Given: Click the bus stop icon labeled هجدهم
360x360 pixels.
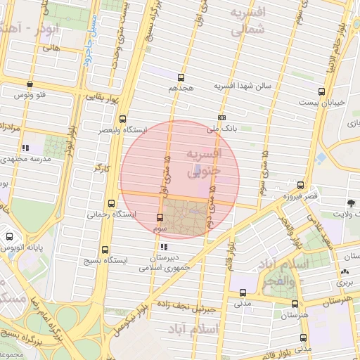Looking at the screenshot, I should coord(181,77).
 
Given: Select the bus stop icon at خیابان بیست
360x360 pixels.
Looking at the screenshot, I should coord(321,91).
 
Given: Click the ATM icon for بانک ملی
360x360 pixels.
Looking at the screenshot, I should coord(222,118).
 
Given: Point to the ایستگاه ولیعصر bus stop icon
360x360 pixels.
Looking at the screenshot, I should coord(123,119).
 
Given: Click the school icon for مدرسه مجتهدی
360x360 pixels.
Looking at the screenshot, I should coord(26,148).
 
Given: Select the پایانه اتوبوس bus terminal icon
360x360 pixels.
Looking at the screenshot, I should coord(9,238).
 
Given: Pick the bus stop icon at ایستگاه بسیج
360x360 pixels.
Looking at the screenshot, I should coord(105,250).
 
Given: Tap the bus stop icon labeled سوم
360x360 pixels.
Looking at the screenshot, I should coord(160,217).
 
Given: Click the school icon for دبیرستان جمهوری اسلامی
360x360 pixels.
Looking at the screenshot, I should coord(164,247).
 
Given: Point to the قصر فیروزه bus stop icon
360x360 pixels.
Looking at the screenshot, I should coord(301,185).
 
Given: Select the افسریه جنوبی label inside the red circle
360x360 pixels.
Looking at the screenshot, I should coord(203,162).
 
